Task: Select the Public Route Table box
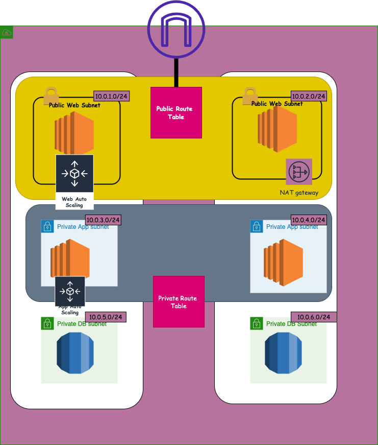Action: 176,112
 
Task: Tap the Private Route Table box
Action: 179,301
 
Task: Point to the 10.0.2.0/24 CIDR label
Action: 308,96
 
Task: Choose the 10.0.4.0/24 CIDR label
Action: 308,220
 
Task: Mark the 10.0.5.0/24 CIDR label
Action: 105,317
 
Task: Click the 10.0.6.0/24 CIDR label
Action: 314,317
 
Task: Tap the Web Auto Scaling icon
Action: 74,174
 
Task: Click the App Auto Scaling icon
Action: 70,291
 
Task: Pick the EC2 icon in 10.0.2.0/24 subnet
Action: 277,130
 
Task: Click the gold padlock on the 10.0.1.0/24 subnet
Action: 51,96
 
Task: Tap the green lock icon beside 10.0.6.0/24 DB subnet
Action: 256,323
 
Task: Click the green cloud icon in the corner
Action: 7,32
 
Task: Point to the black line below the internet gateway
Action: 176,73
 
